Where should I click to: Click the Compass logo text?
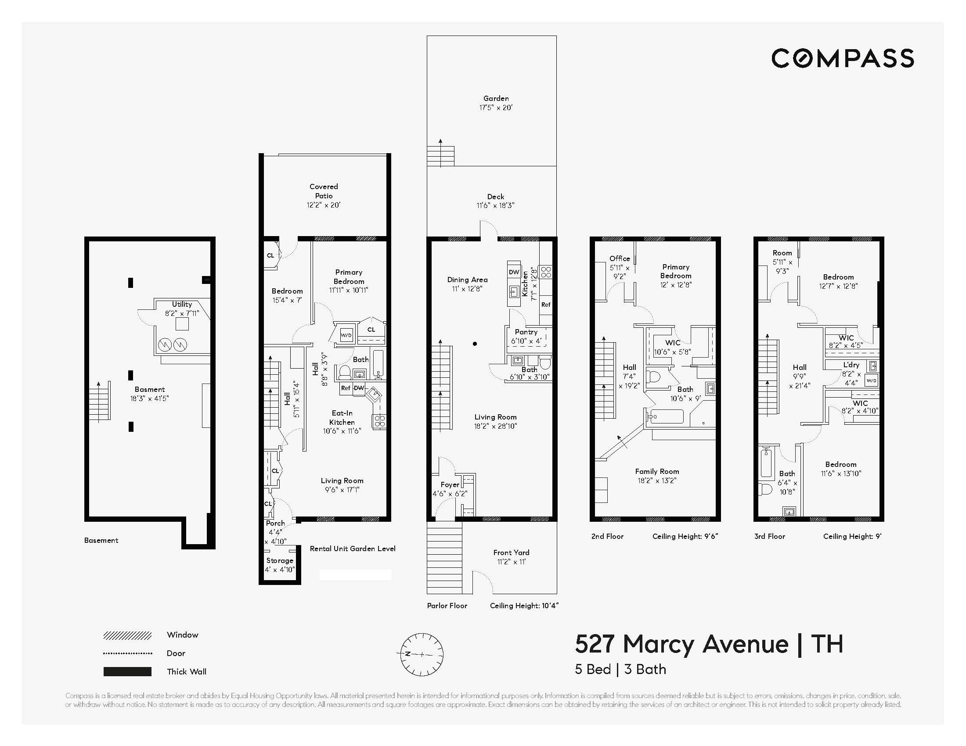click(842, 59)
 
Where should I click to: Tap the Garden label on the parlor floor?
click(496, 99)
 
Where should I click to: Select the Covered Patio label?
click(324, 191)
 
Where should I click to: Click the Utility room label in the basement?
click(182, 304)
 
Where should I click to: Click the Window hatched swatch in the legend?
click(127, 635)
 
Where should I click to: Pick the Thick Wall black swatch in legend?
click(127, 672)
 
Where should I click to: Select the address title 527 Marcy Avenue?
click(681, 644)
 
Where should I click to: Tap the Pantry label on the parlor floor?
click(526, 332)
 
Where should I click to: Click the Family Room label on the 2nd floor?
click(657, 472)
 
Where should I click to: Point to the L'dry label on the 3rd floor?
click(851, 365)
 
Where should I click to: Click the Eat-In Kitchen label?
click(342, 418)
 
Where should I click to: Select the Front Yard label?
click(511, 552)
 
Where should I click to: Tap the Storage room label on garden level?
click(280, 560)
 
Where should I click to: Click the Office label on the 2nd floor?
click(619, 258)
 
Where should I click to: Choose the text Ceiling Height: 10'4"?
click(524, 606)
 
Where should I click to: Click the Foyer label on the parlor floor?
click(450, 484)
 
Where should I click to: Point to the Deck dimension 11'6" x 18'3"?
click(495, 205)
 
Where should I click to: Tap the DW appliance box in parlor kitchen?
click(514, 272)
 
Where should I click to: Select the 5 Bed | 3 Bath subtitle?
click(620, 669)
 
